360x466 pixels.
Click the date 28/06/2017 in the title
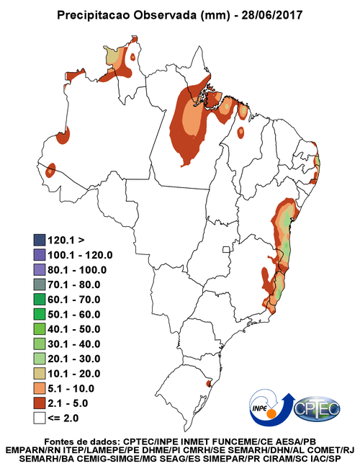[x=271, y=15]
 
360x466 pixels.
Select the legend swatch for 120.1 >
[x=39, y=240]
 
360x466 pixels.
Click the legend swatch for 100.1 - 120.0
[x=39, y=255]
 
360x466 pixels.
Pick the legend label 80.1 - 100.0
[x=77, y=270]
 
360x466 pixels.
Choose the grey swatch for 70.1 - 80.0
[x=39, y=284]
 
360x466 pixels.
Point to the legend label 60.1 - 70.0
[x=74, y=300]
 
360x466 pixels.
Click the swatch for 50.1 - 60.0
[x=39, y=314]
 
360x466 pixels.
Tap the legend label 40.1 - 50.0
[x=74, y=329]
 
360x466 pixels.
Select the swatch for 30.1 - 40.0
[x=39, y=344]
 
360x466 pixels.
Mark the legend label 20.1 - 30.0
[x=74, y=359]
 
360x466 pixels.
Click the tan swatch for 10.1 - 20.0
[x=39, y=374]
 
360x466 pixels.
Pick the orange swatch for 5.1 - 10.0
[x=39, y=388]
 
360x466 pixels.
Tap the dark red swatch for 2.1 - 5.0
[x=39, y=403]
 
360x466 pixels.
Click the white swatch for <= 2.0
[x=39, y=418]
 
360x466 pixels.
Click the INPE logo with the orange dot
[x=269, y=408]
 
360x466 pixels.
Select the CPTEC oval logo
[x=317, y=409]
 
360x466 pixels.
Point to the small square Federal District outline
[x=226, y=249]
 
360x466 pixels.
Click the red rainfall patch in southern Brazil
[x=209, y=382]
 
